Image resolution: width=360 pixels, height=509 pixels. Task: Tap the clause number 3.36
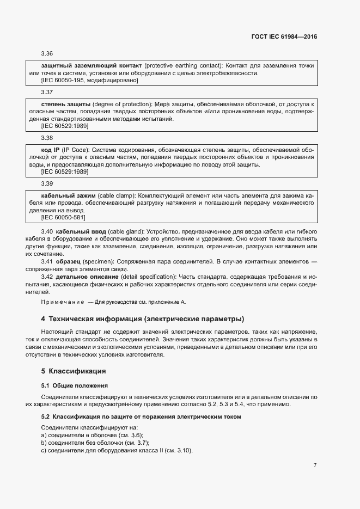47,54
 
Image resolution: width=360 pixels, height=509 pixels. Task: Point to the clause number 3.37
47,92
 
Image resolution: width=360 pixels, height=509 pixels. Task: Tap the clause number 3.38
47,138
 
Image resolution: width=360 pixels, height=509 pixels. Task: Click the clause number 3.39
47,183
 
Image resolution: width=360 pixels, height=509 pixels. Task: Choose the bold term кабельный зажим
68,195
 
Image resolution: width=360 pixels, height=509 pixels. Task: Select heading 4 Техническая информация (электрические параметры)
142,318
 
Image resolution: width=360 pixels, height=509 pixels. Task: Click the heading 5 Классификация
74,371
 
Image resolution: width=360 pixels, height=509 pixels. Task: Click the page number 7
315,465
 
